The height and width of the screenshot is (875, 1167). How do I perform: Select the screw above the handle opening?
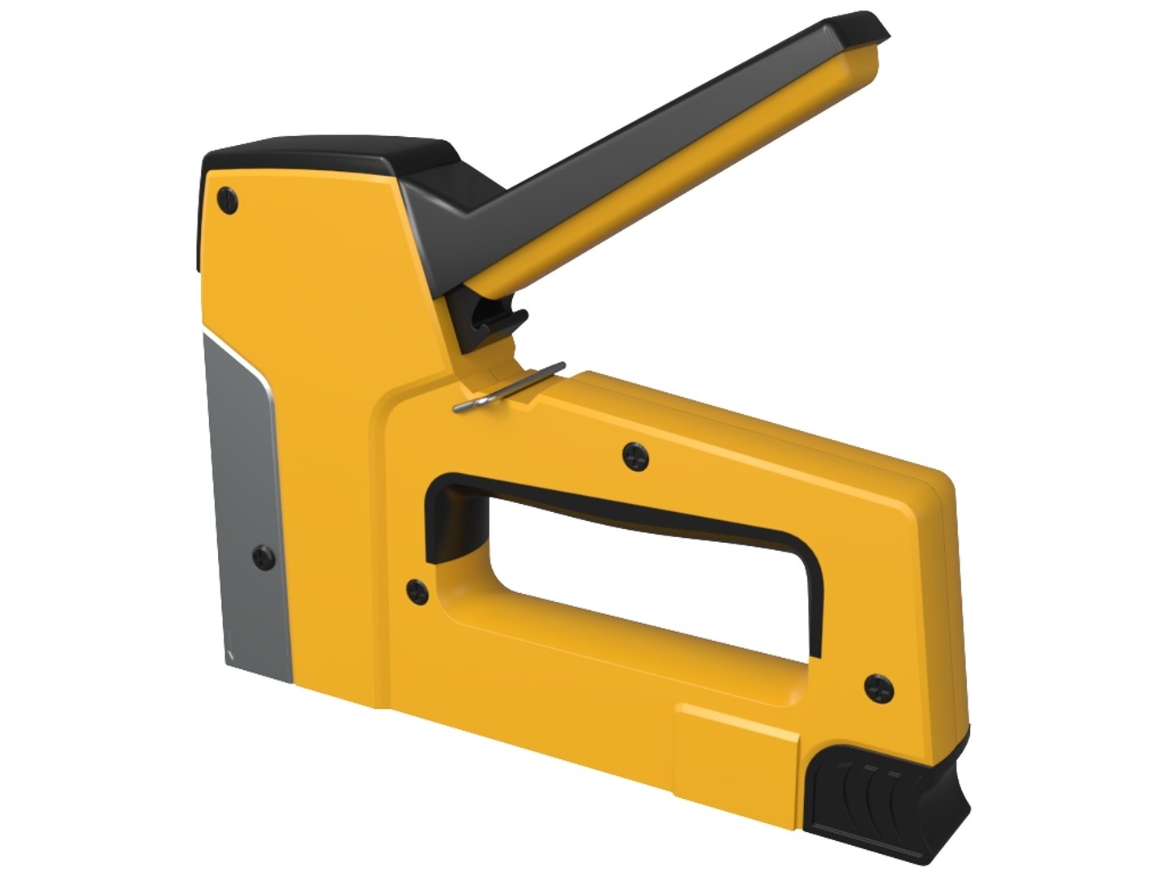(636, 457)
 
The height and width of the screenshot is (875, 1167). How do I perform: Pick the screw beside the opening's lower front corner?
(417, 591)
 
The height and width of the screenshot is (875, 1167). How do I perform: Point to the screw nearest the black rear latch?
(877, 688)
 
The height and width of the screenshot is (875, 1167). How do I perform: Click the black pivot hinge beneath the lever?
(490, 320)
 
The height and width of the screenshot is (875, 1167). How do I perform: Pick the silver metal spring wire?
(509, 389)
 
